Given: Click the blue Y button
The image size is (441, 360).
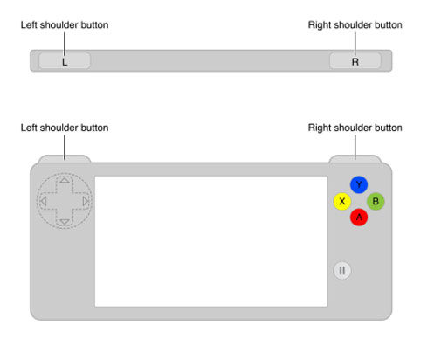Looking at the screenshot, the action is (359, 184).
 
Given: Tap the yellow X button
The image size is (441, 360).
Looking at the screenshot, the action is (342, 201).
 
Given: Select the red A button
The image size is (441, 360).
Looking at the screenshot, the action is (359, 218).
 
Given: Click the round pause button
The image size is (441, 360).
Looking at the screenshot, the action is (342, 271).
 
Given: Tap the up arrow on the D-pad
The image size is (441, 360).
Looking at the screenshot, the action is (65, 180).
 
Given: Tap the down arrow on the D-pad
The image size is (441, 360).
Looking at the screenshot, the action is (65, 223).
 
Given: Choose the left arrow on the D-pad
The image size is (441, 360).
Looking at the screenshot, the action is (44, 201).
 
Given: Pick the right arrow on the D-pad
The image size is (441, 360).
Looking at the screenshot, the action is (86, 201).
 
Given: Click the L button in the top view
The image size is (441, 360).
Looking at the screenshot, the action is (65, 60).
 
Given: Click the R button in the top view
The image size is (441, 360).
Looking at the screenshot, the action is (355, 60).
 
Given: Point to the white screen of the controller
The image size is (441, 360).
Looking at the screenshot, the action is (211, 241).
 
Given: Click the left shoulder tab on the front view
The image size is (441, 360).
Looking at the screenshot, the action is (65, 159).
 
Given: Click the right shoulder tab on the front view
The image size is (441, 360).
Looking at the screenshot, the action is (355, 159).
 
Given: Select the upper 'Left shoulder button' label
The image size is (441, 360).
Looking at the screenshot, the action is (65, 25).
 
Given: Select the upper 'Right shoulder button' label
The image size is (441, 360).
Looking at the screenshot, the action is (355, 25).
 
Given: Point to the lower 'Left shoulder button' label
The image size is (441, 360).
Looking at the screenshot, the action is (65, 128).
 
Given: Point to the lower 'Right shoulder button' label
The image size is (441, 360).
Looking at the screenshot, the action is (355, 128).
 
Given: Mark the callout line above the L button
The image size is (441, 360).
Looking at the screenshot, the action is (65, 44).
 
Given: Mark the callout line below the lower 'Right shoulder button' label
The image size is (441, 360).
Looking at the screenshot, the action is (355, 148).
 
